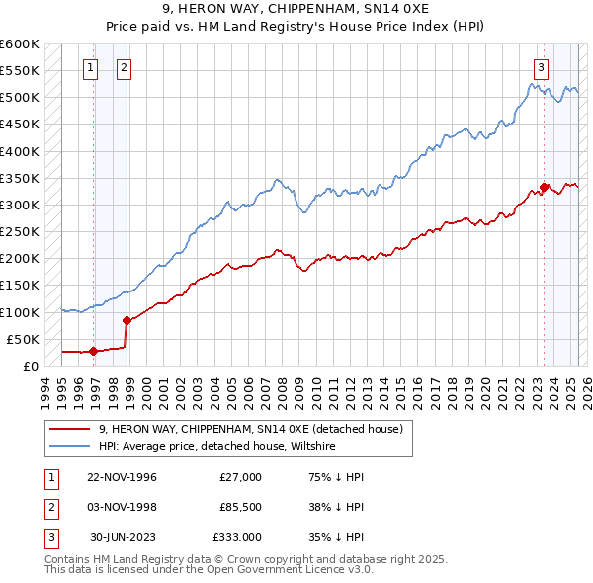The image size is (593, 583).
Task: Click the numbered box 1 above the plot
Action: tap(90, 68)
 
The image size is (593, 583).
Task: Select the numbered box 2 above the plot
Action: tap(124, 68)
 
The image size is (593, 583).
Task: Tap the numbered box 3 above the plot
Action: tap(542, 68)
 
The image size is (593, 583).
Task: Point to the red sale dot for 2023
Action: tap(545, 187)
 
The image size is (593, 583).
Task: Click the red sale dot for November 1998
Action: tap(127, 320)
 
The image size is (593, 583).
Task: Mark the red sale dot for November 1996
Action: tap(94, 351)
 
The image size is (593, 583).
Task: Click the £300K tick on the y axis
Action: tap(20, 205)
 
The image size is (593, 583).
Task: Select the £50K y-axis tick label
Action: tap(24, 339)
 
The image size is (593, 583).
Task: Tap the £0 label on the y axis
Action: tap(32, 366)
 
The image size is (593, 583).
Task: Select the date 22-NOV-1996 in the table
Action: tap(122, 477)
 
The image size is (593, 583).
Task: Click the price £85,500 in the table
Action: tap(240, 507)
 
